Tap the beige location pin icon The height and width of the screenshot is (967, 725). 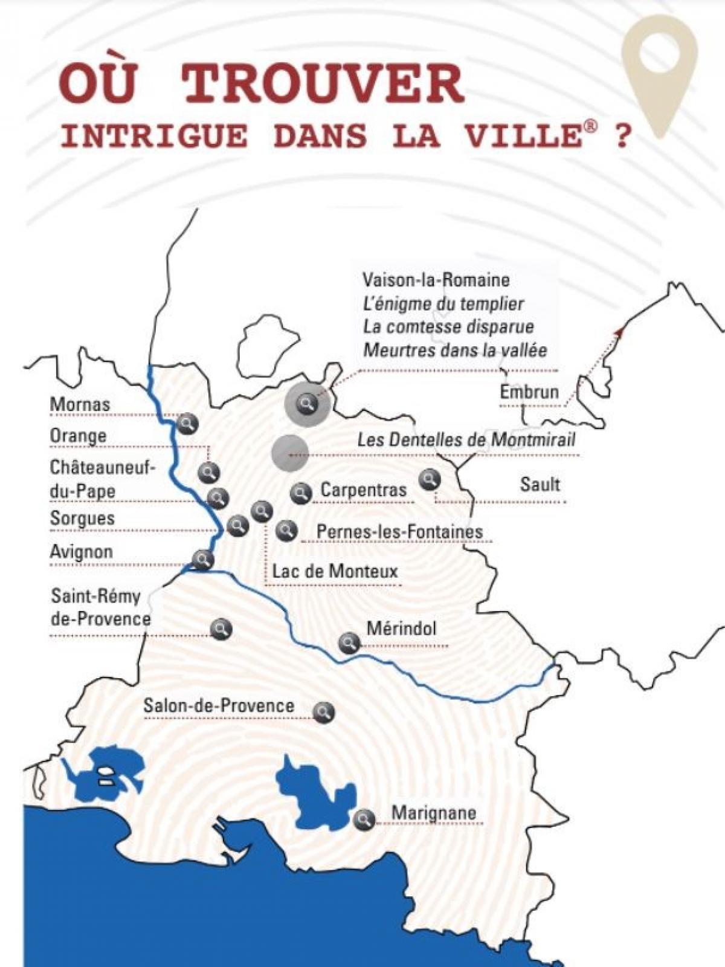pos(660,66)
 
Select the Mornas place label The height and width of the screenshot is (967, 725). pos(80,404)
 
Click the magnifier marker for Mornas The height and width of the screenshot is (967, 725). pos(187,424)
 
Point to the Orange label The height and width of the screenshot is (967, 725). pos(78,436)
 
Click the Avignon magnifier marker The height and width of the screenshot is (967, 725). pos(202,560)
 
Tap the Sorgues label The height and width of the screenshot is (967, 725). pos(82,519)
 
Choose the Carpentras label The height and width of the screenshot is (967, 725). pos(363,490)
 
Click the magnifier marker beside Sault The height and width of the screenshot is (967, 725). pos(430,480)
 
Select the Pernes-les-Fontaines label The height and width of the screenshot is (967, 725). pos(399,532)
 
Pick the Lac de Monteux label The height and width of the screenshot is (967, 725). pos(335,571)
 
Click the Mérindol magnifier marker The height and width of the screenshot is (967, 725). pos(349,642)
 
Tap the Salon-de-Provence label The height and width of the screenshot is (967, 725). pos(219,705)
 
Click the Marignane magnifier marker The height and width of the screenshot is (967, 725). pos(364,820)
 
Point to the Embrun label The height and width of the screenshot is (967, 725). pos(529,392)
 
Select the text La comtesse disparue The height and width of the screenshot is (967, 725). pos(448,327)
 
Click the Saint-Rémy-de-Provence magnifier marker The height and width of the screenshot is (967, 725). pos(221,629)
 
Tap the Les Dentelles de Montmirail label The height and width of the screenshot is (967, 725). pos(466,439)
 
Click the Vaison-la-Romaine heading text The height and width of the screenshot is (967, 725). pos(436,280)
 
